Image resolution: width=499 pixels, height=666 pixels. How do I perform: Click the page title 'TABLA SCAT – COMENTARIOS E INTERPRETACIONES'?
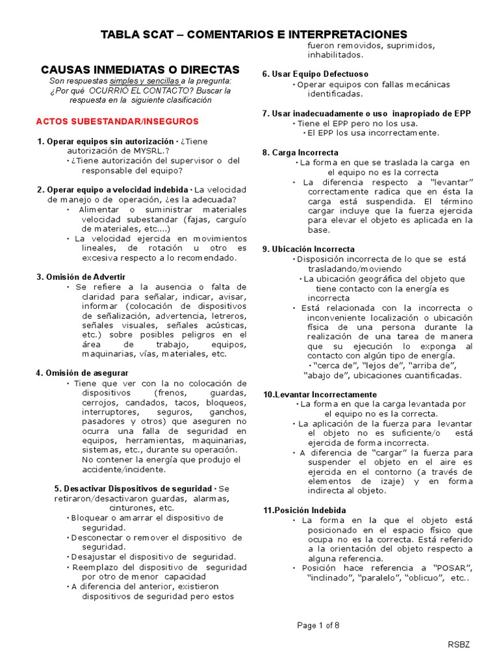click(254, 34)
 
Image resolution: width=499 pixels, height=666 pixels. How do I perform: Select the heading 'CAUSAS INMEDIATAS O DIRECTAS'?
click(140, 69)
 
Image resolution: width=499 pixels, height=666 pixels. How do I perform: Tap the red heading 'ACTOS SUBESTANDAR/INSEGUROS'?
click(118, 121)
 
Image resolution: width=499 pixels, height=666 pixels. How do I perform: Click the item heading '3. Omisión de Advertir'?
click(80, 276)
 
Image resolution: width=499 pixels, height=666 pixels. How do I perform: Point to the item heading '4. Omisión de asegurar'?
click(83, 373)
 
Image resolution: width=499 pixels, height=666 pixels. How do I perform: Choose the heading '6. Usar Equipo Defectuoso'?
click(315, 74)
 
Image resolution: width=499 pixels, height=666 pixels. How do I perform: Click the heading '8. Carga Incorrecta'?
click(291, 152)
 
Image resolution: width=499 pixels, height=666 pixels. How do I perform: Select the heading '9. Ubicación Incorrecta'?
click(309, 249)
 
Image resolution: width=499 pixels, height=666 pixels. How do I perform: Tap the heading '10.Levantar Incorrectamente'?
click(320, 394)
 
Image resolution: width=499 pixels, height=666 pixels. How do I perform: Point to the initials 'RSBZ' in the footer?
click(458, 645)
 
